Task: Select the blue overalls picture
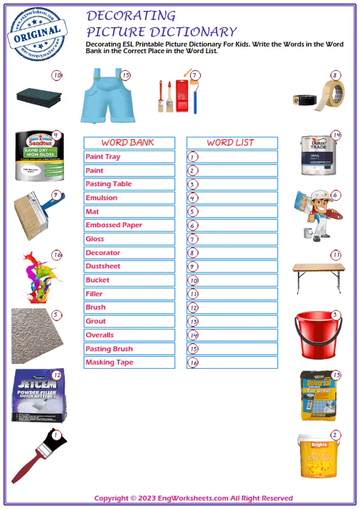105,97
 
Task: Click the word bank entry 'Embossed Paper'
129,225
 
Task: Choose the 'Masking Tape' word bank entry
129,362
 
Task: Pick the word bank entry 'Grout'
129,321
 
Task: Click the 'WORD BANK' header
129,143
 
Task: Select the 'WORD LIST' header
232,143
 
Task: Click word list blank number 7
232,239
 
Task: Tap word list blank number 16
232,362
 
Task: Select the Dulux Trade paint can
319,155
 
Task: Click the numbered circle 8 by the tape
335,76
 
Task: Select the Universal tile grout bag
318,396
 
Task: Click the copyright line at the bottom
194,498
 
